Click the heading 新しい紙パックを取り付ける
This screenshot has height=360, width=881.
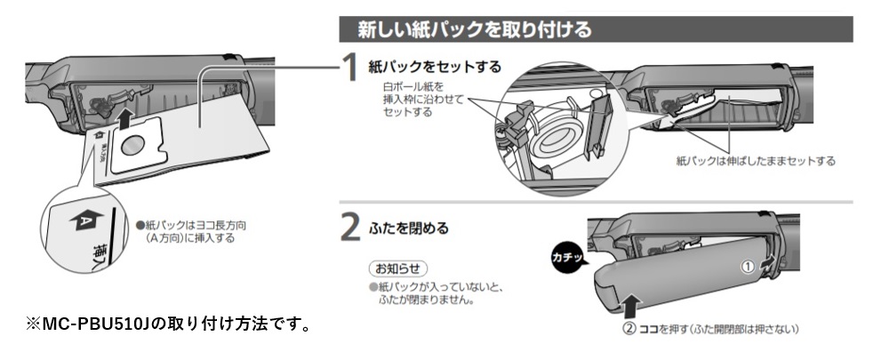point(474,29)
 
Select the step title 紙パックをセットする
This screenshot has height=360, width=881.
point(435,67)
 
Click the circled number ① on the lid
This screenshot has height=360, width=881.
point(749,266)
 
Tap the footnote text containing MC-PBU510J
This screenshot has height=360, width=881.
point(169,321)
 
